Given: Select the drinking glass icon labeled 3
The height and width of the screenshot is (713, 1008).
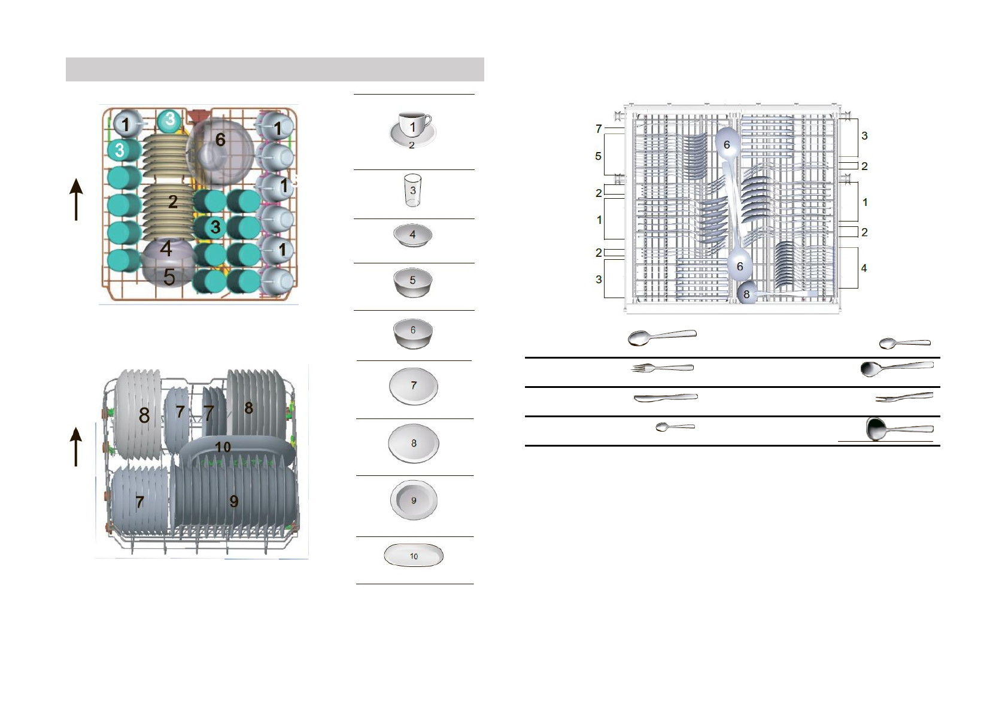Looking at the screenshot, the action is [412, 190].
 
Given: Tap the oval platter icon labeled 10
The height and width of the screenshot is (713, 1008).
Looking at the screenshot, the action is [414, 555].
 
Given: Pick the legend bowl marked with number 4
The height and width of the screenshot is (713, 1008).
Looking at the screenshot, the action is [412, 235].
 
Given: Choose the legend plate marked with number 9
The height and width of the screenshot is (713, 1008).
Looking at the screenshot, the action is [414, 500].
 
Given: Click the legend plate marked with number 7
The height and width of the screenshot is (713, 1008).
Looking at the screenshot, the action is [414, 386].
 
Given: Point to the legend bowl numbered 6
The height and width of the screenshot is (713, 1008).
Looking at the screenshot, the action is [413, 333].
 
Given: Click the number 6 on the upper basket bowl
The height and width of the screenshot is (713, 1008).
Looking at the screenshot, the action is [220, 139].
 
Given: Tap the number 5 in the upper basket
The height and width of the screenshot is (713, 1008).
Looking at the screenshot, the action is [169, 277].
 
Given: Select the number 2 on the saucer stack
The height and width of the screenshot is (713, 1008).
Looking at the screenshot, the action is [173, 202].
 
